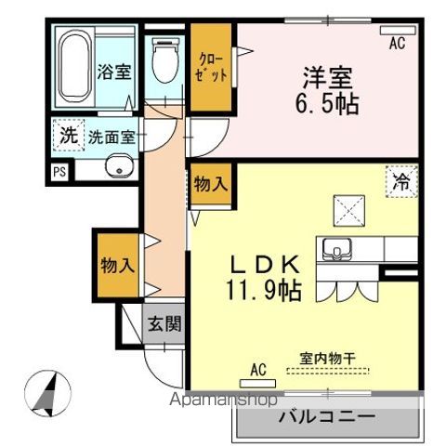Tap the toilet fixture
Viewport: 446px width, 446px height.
(167, 60)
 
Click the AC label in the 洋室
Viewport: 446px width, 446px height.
(398, 42)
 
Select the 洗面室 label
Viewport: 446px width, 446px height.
(111, 137)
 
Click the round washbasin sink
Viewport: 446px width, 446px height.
(119, 167)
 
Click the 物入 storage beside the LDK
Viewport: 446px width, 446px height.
(210, 184)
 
